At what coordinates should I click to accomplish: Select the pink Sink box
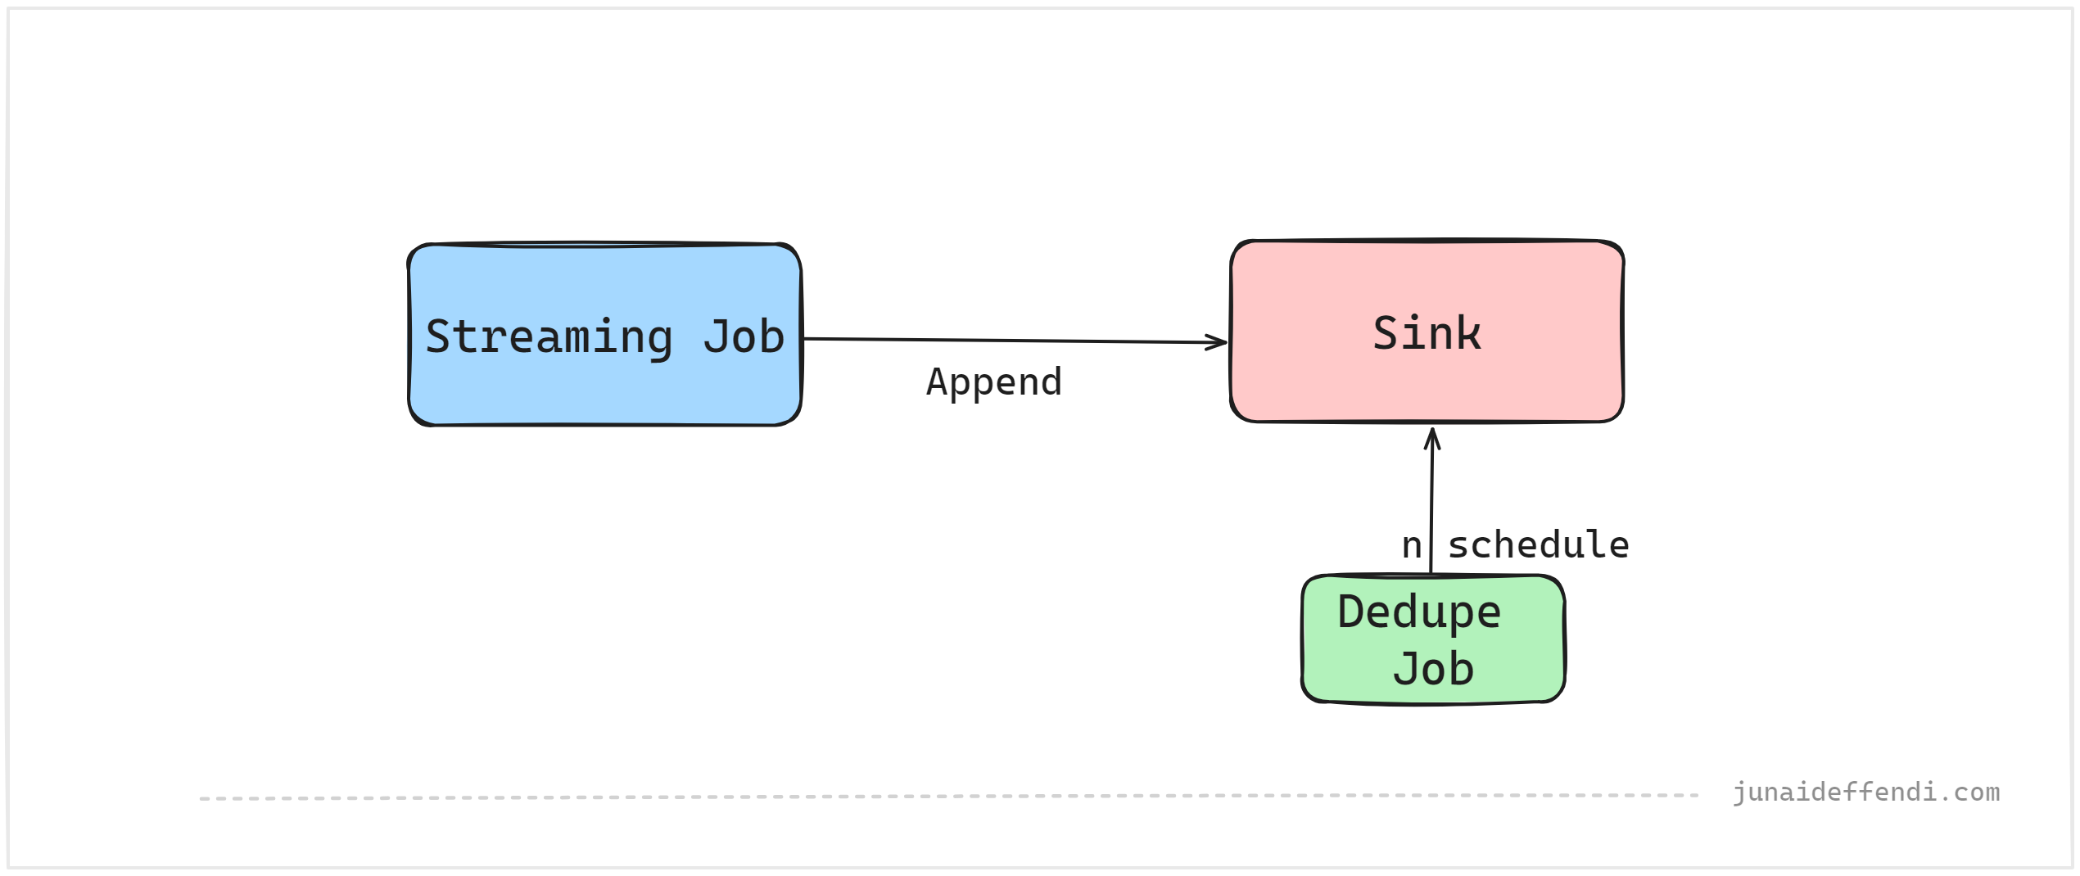tap(1427, 385)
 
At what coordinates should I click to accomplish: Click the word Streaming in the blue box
tap(549, 337)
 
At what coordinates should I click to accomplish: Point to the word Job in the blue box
tap(743, 337)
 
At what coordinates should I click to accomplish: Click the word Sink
tap(1427, 334)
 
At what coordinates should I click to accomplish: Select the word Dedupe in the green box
tap(1418, 612)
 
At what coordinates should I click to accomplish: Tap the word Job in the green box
tap(1433, 669)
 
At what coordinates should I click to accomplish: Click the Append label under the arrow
tap(994, 382)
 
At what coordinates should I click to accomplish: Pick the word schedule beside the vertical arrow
tap(1538, 545)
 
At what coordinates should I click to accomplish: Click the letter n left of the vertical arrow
tap(1412, 546)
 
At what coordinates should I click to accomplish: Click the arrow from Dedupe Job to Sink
tap(1431, 508)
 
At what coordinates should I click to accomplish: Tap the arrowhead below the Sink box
tap(1432, 438)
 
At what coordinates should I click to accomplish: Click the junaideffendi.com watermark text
tap(1865, 792)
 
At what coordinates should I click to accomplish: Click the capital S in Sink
tap(1386, 334)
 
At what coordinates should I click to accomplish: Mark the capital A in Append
tap(937, 382)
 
